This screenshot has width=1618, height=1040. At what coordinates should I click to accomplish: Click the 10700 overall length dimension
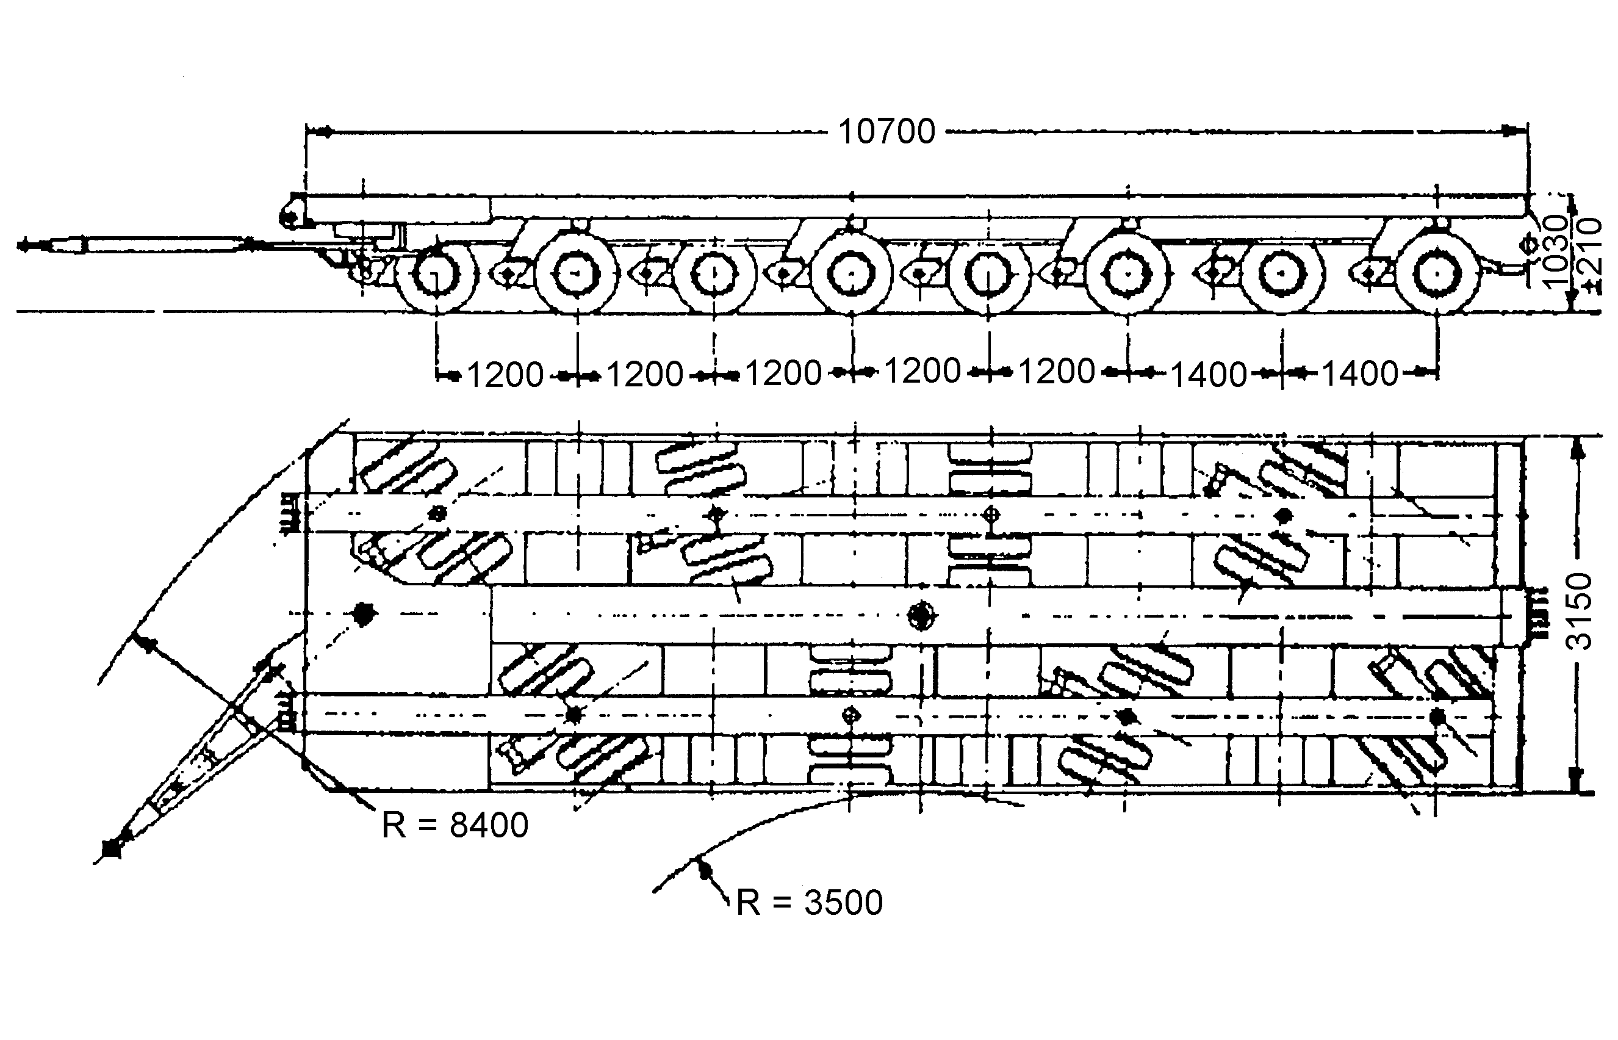tap(886, 131)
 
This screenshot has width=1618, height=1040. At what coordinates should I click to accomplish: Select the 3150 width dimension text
tap(1579, 612)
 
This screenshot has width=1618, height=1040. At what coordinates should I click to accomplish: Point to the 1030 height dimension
tap(1556, 252)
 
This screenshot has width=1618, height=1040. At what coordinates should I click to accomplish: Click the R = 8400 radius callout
tap(455, 825)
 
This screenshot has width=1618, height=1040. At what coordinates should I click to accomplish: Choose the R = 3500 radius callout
tap(808, 902)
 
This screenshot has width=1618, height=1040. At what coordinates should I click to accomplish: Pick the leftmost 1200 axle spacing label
tap(505, 375)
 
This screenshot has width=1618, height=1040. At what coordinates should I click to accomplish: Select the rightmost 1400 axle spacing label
tap(1359, 374)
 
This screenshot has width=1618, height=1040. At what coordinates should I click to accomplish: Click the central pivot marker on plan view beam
tap(922, 615)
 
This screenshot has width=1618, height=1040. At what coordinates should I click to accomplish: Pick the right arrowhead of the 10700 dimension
tap(1512, 131)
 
